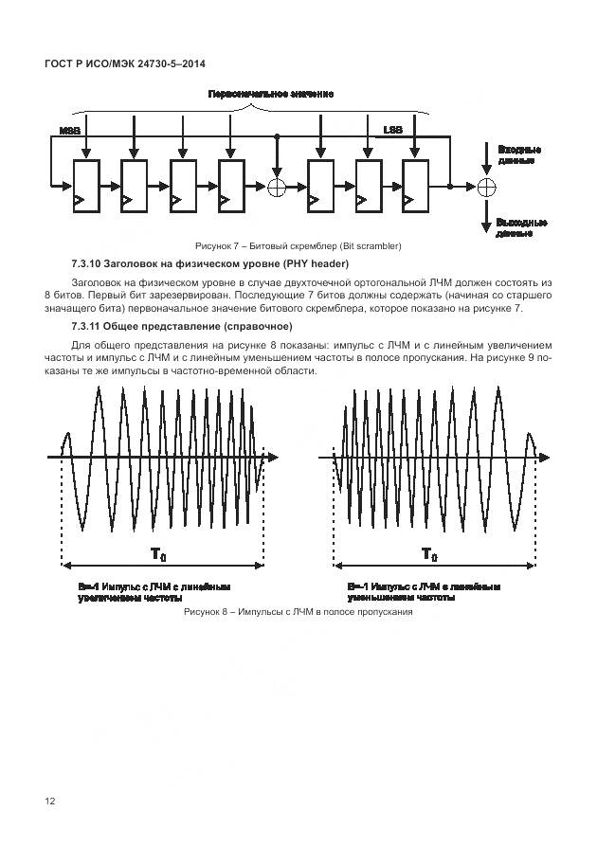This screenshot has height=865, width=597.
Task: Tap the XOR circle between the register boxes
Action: pos(277,187)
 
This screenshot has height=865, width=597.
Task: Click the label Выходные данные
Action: pos(520,227)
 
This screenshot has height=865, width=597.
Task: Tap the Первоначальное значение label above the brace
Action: pos(270,95)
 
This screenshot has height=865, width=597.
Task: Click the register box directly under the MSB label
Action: pos(85,185)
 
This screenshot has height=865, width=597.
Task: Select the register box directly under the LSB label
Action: pos(416,185)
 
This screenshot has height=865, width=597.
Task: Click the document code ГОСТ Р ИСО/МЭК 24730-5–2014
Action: pos(126,63)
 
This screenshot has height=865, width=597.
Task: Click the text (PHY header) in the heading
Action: pos(316,262)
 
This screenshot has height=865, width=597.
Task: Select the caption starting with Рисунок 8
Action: pos(298,612)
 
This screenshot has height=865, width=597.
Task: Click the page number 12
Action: pos(50,801)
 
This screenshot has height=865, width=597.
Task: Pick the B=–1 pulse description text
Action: pos(423,592)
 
